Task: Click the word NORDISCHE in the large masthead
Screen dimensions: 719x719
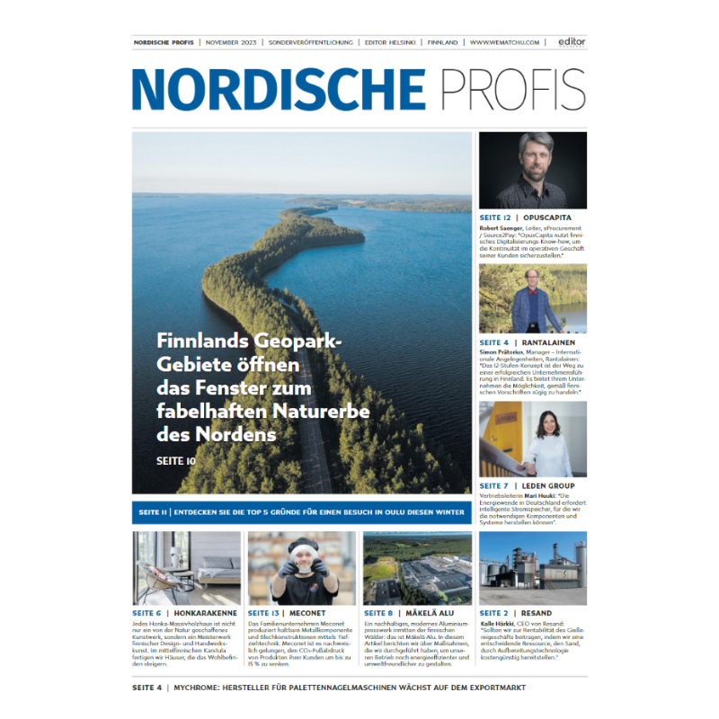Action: click(279, 89)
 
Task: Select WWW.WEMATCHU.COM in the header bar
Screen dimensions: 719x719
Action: click(504, 42)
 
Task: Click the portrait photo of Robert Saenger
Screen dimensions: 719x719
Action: click(532, 171)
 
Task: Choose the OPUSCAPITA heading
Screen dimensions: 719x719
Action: click(554, 218)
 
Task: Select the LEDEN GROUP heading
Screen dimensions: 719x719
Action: click(550, 486)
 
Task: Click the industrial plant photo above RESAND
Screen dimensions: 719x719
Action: click(532, 568)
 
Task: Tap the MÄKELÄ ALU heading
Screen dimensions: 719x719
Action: click(436, 613)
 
